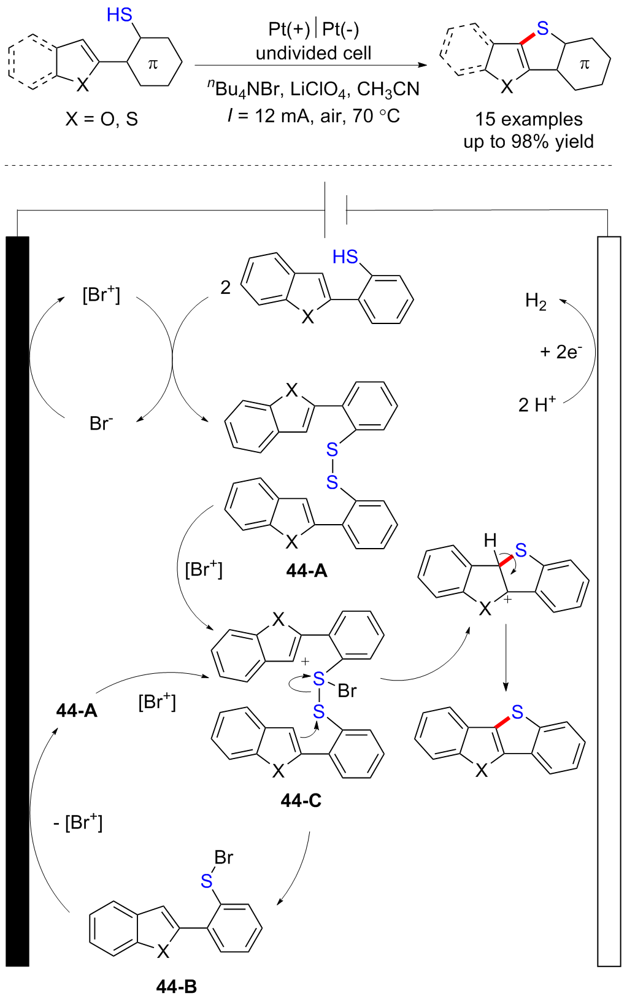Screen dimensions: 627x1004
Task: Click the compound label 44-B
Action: (x=176, y=987)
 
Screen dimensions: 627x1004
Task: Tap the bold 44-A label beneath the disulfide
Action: (x=307, y=571)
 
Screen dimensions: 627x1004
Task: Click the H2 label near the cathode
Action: (x=536, y=302)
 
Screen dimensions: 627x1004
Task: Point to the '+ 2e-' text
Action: (x=561, y=352)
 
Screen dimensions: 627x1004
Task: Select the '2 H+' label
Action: (x=537, y=404)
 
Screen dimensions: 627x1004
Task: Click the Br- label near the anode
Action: (x=101, y=423)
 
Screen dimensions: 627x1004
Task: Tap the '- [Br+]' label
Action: (x=77, y=822)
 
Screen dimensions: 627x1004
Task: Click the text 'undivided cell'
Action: (x=313, y=53)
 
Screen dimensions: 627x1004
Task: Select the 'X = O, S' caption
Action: (x=102, y=119)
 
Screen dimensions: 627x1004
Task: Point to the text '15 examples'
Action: (x=529, y=119)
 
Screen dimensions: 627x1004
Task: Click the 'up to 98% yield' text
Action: (x=528, y=142)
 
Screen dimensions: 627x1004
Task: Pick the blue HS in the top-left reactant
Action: (x=120, y=15)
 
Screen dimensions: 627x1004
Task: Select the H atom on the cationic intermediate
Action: (x=490, y=541)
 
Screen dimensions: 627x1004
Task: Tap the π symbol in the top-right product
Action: (x=584, y=64)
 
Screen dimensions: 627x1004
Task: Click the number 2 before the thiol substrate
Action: (x=225, y=287)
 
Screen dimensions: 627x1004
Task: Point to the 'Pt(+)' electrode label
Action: (x=289, y=29)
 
